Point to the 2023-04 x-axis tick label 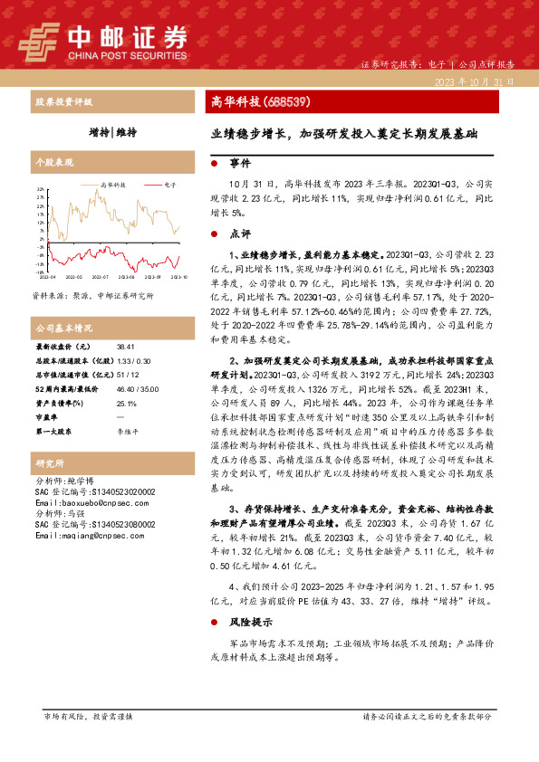point(47,276)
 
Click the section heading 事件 point(239,165)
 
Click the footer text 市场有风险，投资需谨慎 point(89,716)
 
